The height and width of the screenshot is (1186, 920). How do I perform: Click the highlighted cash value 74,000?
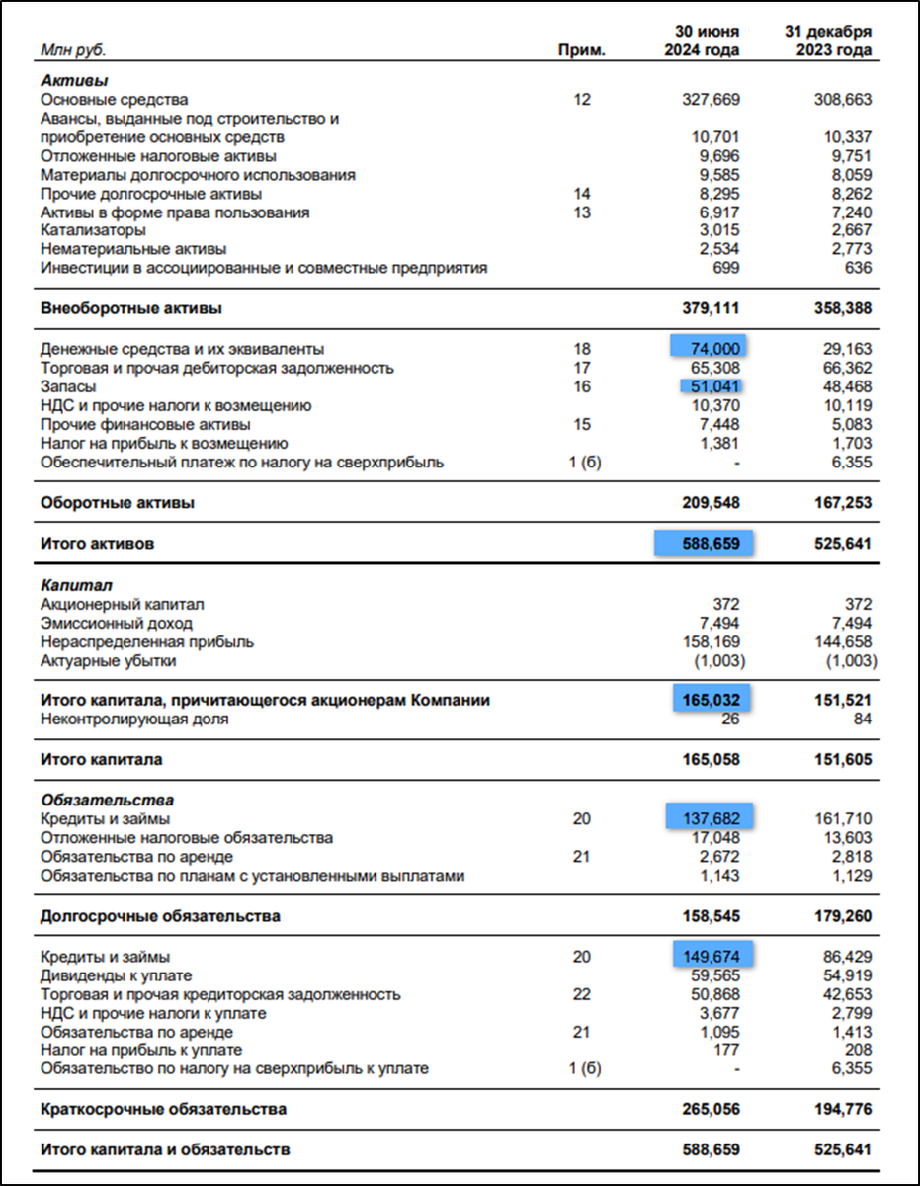point(710,349)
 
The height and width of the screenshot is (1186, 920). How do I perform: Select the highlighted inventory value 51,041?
point(711,386)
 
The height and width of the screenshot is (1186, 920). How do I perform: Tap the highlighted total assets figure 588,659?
point(705,544)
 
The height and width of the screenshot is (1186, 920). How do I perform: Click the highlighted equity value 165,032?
point(711,700)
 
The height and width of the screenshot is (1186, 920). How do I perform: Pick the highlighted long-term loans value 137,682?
point(711,818)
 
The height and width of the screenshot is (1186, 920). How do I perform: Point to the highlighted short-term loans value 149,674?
point(711,956)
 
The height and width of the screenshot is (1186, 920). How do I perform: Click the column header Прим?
point(581,50)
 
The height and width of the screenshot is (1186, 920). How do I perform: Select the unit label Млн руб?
point(73,50)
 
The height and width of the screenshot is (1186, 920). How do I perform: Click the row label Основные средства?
point(114,100)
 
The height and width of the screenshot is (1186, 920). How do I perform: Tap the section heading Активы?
point(74,80)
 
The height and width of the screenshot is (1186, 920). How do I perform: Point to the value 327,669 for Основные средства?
point(711,100)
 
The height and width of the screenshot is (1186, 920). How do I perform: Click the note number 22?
point(581,994)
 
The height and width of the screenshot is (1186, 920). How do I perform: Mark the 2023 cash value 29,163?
point(848,349)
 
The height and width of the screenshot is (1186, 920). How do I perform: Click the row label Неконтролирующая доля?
point(134,720)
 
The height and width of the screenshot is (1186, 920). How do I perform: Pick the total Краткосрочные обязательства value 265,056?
point(711,1110)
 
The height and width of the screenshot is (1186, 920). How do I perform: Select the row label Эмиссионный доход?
point(117,624)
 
